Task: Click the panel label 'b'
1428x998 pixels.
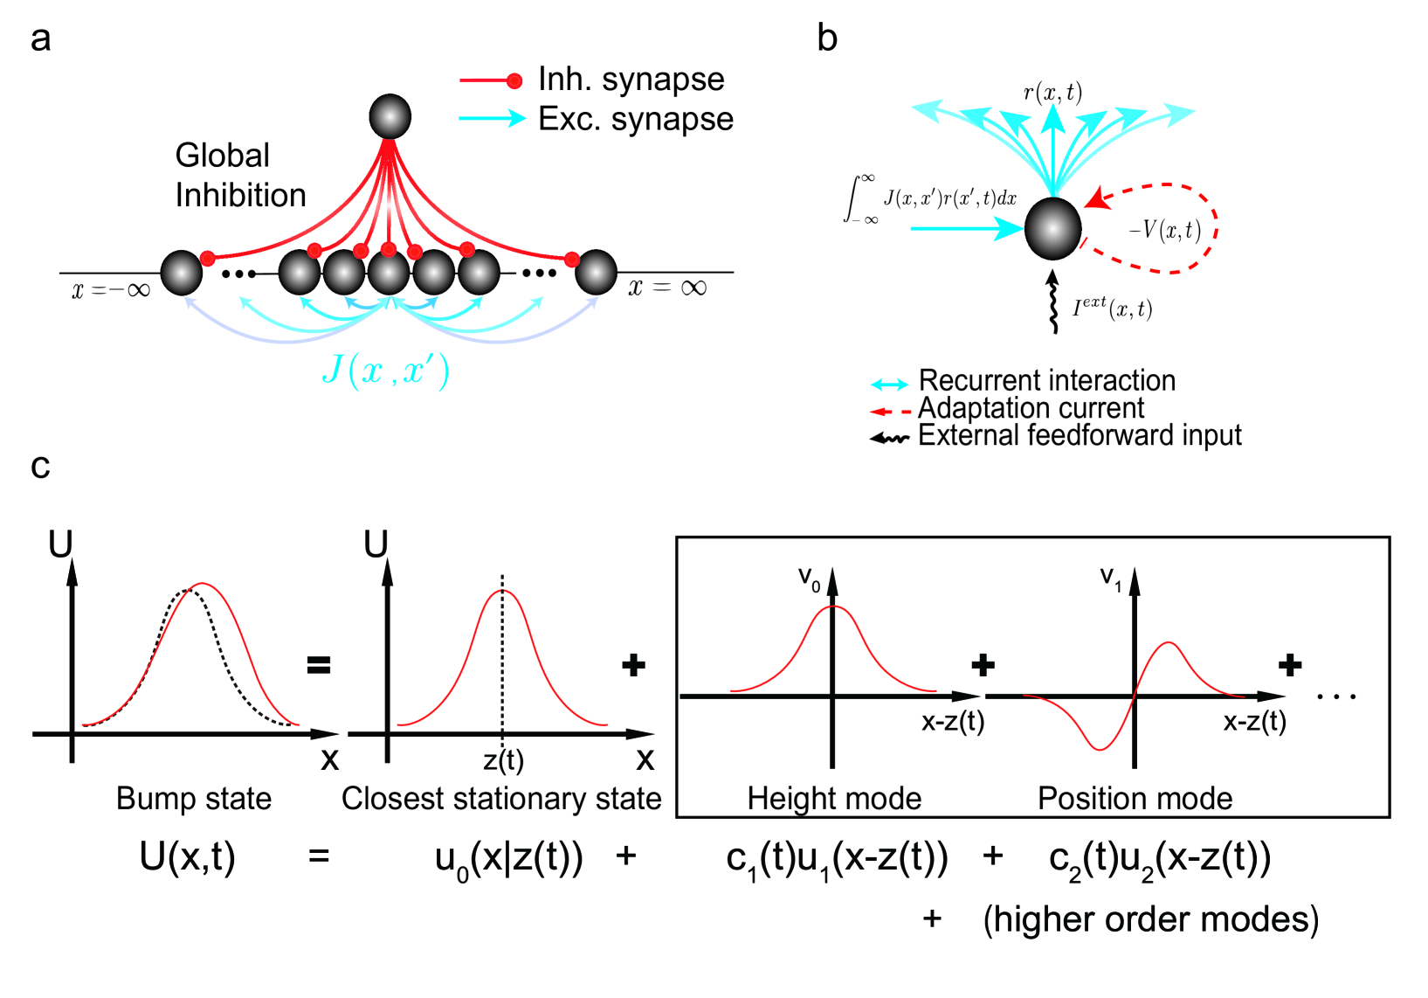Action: click(x=826, y=38)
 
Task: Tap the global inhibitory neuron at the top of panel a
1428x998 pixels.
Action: click(x=390, y=116)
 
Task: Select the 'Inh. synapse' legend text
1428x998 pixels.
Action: click(x=631, y=80)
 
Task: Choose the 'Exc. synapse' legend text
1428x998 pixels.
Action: click(x=635, y=119)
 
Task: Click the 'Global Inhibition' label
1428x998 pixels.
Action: click(x=240, y=175)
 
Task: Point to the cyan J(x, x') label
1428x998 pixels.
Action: click(x=386, y=371)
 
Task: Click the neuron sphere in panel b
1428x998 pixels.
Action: click(x=1052, y=228)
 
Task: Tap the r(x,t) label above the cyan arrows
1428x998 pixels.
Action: click(x=1052, y=92)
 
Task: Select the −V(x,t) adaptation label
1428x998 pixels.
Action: click(x=1164, y=230)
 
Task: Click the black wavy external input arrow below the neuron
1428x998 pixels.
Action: click(x=1053, y=302)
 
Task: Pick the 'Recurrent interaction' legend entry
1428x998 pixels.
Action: click(x=1046, y=381)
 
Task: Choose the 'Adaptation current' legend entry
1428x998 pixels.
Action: click(x=1031, y=408)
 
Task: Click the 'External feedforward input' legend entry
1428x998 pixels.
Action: click(x=1080, y=435)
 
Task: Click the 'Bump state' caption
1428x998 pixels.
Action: click(x=194, y=798)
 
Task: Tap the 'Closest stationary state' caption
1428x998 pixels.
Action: click(x=501, y=798)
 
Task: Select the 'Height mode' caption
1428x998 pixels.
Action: click(x=834, y=798)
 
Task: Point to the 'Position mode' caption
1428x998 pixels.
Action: click(x=1135, y=798)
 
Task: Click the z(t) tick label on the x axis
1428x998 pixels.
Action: click(x=504, y=760)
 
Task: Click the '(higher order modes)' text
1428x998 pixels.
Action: click(x=1150, y=919)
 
